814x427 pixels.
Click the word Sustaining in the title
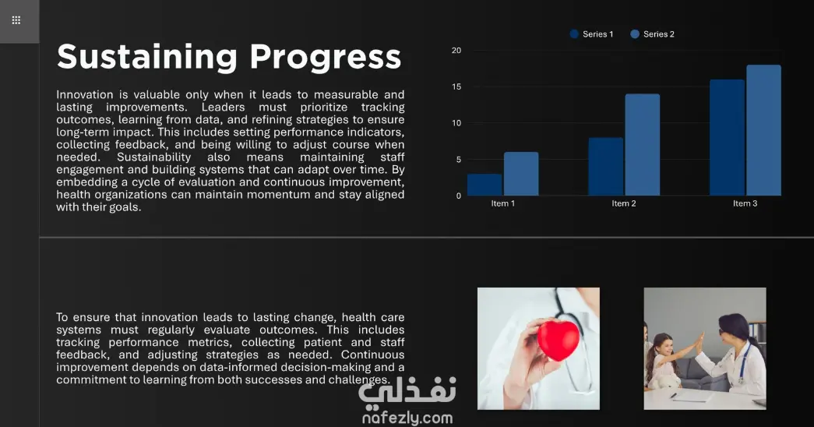[x=147, y=57]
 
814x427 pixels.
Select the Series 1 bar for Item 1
[x=485, y=185]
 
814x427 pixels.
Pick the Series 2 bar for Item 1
[x=521, y=174]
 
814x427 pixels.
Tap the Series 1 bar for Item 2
[x=606, y=166]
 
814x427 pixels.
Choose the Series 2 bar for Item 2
[x=643, y=144]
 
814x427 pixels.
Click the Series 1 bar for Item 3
[x=727, y=137]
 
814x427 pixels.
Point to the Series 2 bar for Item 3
[x=763, y=130]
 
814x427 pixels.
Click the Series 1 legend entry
[x=591, y=34]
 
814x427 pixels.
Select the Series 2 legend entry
[x=652, y=34]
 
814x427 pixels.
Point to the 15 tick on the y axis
[x=456, y=86]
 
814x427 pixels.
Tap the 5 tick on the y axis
[x=458, y=160]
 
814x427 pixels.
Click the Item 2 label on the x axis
[x=623, y=203]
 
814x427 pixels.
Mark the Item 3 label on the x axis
[x=745, y=203]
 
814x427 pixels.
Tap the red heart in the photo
[x=558, y=341]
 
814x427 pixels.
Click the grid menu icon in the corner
[x=16, y=20]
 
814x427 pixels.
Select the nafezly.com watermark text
[x=407, y=418]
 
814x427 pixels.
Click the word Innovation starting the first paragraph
[x=85, y=94]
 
